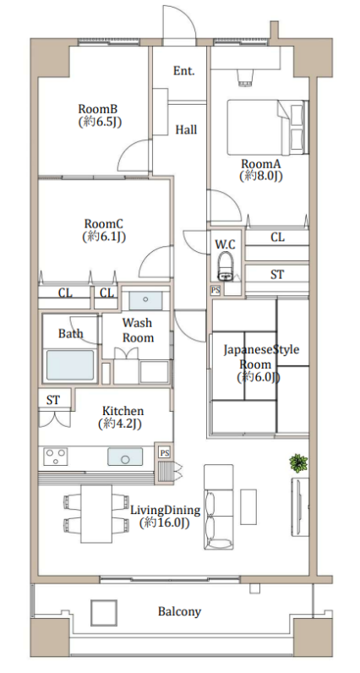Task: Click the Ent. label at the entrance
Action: coord(183,71)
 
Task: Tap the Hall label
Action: coord(186,129)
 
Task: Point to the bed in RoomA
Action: coord(268,128)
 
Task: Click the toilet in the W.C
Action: coord(226,266)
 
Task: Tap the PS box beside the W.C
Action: coord(215,291)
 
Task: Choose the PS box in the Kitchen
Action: coord(164,452)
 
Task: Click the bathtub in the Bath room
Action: coord(70,365)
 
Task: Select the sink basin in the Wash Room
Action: coord(145,300)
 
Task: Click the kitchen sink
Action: coord(125,457)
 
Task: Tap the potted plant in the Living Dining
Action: coord(298,463)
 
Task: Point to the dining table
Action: coord(96,513)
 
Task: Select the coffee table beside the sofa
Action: coord(248,506)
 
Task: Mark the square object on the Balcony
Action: coord(104,612)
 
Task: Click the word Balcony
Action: coord(179,611)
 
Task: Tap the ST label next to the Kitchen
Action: coord(52,400)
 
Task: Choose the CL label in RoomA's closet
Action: coord(278,237)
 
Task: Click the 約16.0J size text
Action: coord(164,523)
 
